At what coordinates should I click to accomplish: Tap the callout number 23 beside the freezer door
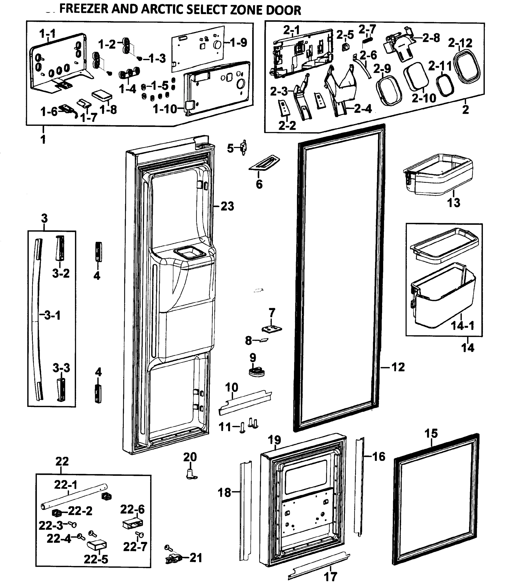[x=227, y=206]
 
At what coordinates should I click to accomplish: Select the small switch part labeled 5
[x=243, y=147]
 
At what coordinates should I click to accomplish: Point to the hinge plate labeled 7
[x=271, y=329]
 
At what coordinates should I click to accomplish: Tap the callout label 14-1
[x=463, y=325]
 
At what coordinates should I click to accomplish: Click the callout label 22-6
[x=132, y=509]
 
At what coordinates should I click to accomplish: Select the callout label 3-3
[x=61, y=368]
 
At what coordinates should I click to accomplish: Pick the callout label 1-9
[x=238, y=43]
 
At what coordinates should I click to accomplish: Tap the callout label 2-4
[x=363, y=108]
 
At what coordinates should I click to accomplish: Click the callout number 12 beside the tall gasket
[x=398, y=367]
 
